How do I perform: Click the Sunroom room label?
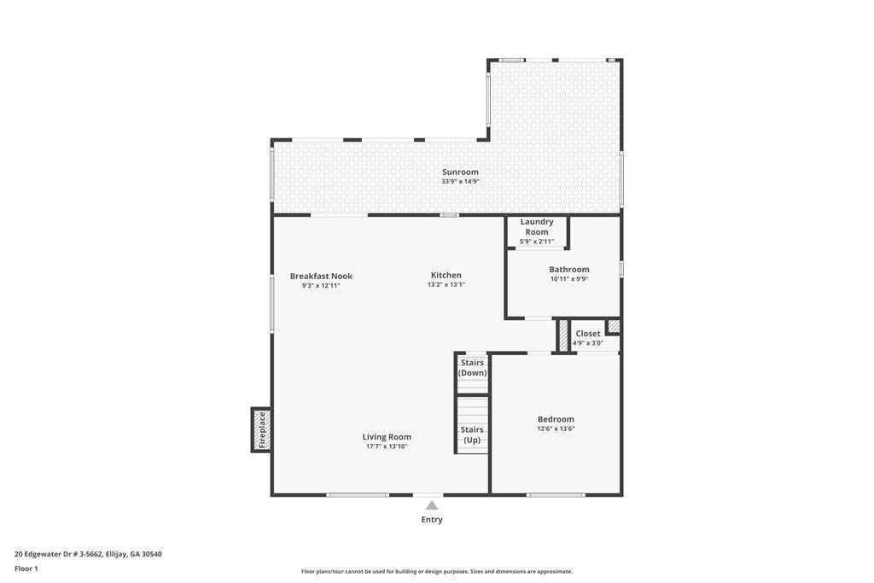tap(460, 172)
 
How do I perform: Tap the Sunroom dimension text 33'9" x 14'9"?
tap(460, 182)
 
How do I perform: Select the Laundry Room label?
tap(537, 227)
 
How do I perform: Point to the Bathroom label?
tap(569, 269)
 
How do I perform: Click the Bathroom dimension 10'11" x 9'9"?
tap(569, 279)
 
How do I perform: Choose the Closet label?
tap(588, 333)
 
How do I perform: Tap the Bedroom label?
tap(556, 419)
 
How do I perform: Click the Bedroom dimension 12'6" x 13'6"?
tap(556, 429)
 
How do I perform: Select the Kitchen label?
tap(446, 275)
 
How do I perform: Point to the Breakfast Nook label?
tap(321, 276)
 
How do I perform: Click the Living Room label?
tap(387, 437)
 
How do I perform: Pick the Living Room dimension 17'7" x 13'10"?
tap(387, 446)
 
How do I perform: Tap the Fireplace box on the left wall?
tap(261, 429)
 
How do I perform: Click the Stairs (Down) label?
tap(472, 368)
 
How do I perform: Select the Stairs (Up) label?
tap(472, 434)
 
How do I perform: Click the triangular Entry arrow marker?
tap(431, 505)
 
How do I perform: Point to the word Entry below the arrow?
tap(432, 520)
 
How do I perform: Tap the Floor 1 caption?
tap(26, 568)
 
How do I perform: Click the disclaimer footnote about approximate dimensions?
tap(437, 571)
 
